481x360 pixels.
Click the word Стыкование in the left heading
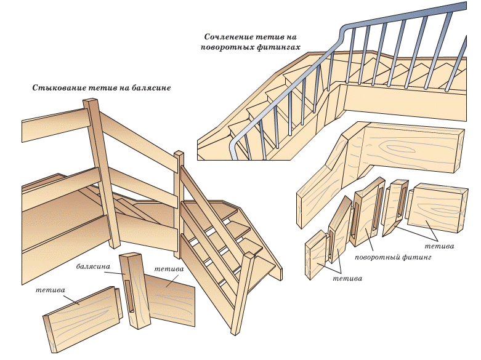pyautogui.click(x=56, y=88)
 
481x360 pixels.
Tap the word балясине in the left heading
pyautogui.click(x=148, y=88)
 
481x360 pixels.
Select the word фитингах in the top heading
pyautogui.click(x=278, y=47)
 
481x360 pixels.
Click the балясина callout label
pyautogui.click(x=94, y=267)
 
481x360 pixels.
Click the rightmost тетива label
pyautogui.click(x=443, y=246)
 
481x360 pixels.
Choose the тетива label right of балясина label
pyautogui.click(x=168, y=269)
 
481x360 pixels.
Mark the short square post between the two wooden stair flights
pyautogui.click(x=179, y=203)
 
